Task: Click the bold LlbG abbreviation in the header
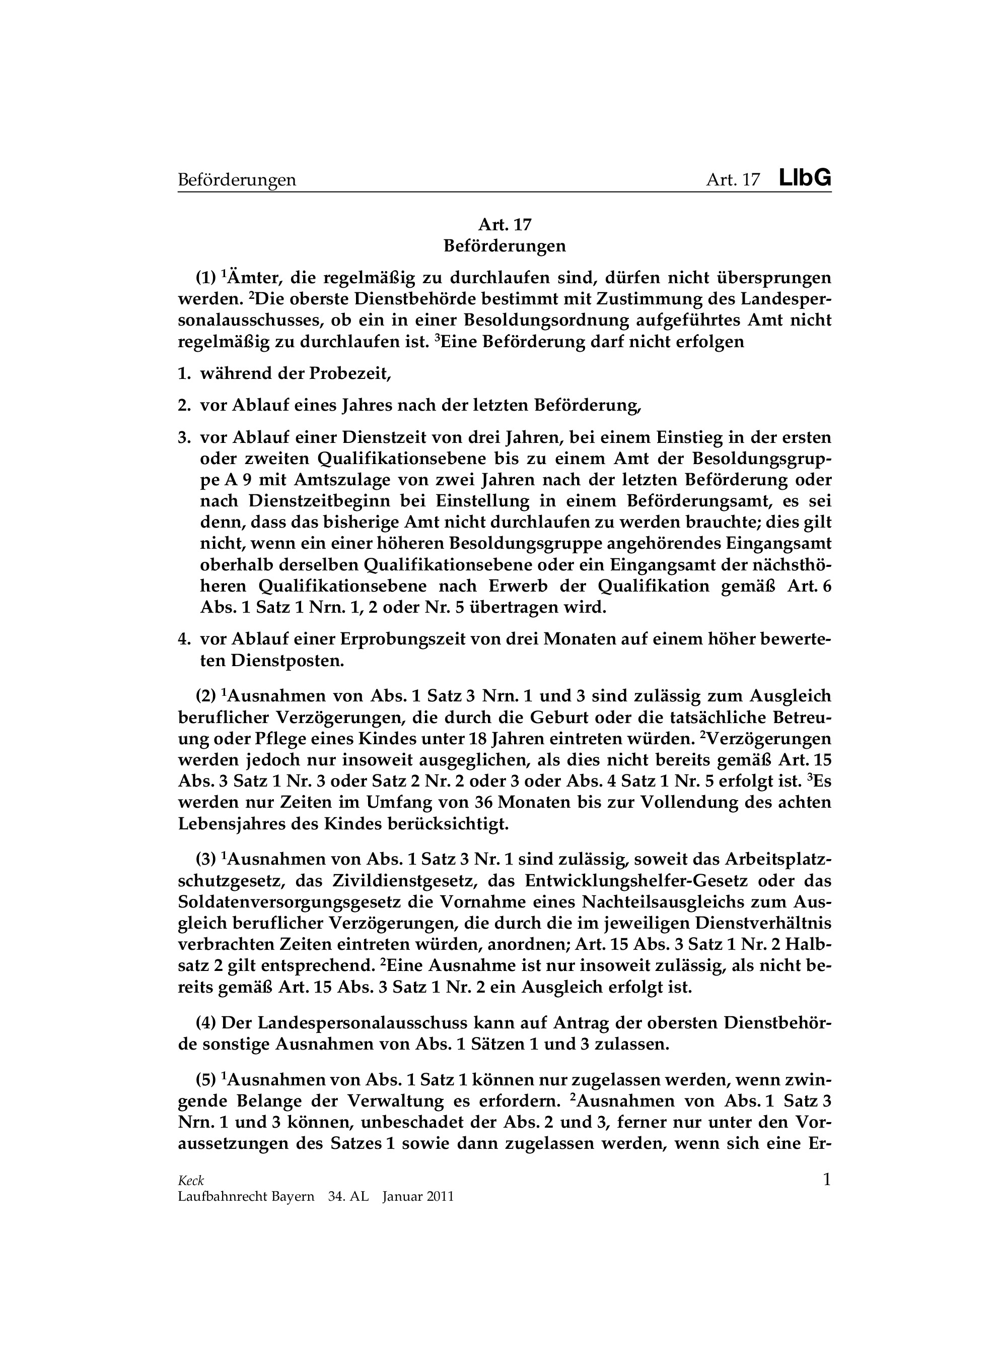click(x=804, y=178)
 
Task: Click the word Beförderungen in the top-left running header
click(x=237, y=180)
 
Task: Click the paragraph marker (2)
click(x=205, y=696)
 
